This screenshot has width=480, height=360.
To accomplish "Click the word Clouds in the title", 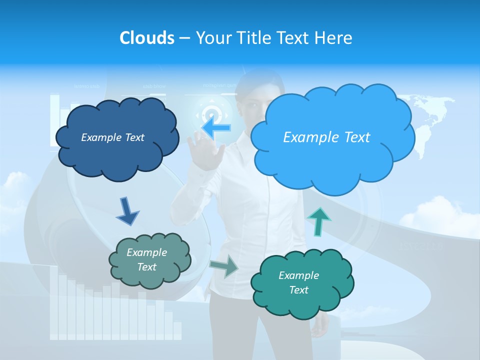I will (x=146, y=38).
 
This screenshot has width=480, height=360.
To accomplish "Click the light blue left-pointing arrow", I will (x=216, y=127).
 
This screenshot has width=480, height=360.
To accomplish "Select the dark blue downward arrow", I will (x=127, y=211).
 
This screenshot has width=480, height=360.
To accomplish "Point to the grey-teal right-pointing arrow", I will (x=224, y=266).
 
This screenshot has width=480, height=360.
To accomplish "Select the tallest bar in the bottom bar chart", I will (x=62, y=305).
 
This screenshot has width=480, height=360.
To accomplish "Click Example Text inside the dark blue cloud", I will (x=112, y=137).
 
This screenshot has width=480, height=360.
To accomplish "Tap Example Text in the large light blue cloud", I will (x=326, y=137).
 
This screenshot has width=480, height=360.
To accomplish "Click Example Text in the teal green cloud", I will (x=298, y=282).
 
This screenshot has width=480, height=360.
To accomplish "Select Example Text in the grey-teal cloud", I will (x=146, y=259).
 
